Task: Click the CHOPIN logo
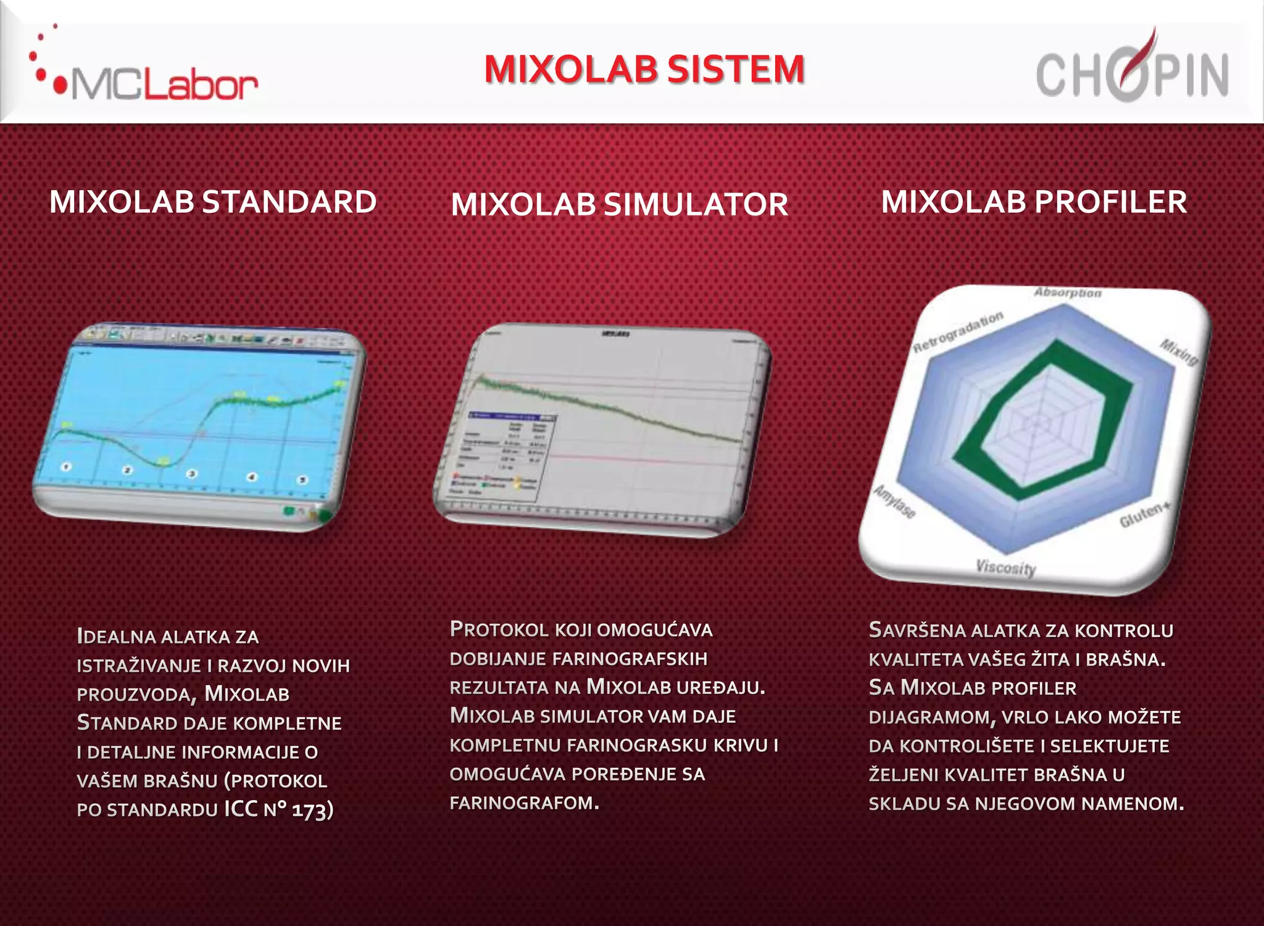tap(1132, 71)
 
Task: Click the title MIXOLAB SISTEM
tap(644, 69)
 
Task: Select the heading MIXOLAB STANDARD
tap(213, 202)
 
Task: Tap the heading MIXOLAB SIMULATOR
tap(619, 204)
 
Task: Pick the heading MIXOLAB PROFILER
tap(1034, 202)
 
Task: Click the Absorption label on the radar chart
tap(1068, 293)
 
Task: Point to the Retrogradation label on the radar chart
tap(958, 332)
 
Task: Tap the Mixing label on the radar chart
tap(1179, 352)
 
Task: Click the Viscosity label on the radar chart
tap(1006, 567)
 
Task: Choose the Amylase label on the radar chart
tap(894, 501)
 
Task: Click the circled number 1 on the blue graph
tap(67, 467)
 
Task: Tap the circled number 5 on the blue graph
tap(302, 480)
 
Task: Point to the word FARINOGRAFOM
tap(524, 803)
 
